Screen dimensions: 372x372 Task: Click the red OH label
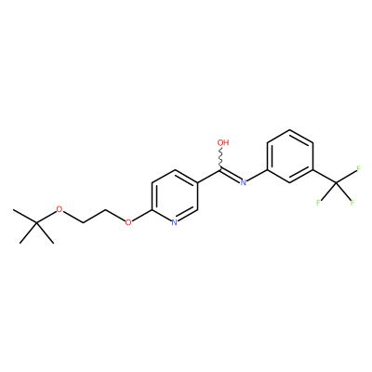coord(223,142)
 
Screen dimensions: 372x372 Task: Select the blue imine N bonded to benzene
coord(244,182)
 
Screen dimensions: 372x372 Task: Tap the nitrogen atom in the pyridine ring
coord(174,222)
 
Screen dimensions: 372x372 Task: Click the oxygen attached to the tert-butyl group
coord(60,209)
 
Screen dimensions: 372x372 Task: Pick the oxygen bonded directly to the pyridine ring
coord(128,222)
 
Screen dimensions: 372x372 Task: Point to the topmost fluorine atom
coord(358,169)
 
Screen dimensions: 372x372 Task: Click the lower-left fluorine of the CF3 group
coord(318,203)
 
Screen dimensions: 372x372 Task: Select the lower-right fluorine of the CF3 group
coord(352,203)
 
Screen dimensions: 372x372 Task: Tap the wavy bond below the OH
coord(221,158)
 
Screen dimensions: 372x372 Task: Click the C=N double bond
coord(231,175)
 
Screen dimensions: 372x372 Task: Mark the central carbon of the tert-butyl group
coord(36,222)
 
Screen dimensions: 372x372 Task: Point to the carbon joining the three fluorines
coord(336,183)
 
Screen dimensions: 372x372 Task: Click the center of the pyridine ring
coord(175,196)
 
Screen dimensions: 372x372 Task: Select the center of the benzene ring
coord(290,156)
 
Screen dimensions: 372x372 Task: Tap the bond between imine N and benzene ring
coord(257,175)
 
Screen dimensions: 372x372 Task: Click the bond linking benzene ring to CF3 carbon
coord(325,176)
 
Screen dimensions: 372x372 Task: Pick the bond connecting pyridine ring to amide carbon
coord(209,176)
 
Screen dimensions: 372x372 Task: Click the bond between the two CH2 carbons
coord(94,216)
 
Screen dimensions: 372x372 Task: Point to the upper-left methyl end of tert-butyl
coord(14,210)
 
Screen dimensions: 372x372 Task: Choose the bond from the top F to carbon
coord(346,177)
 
